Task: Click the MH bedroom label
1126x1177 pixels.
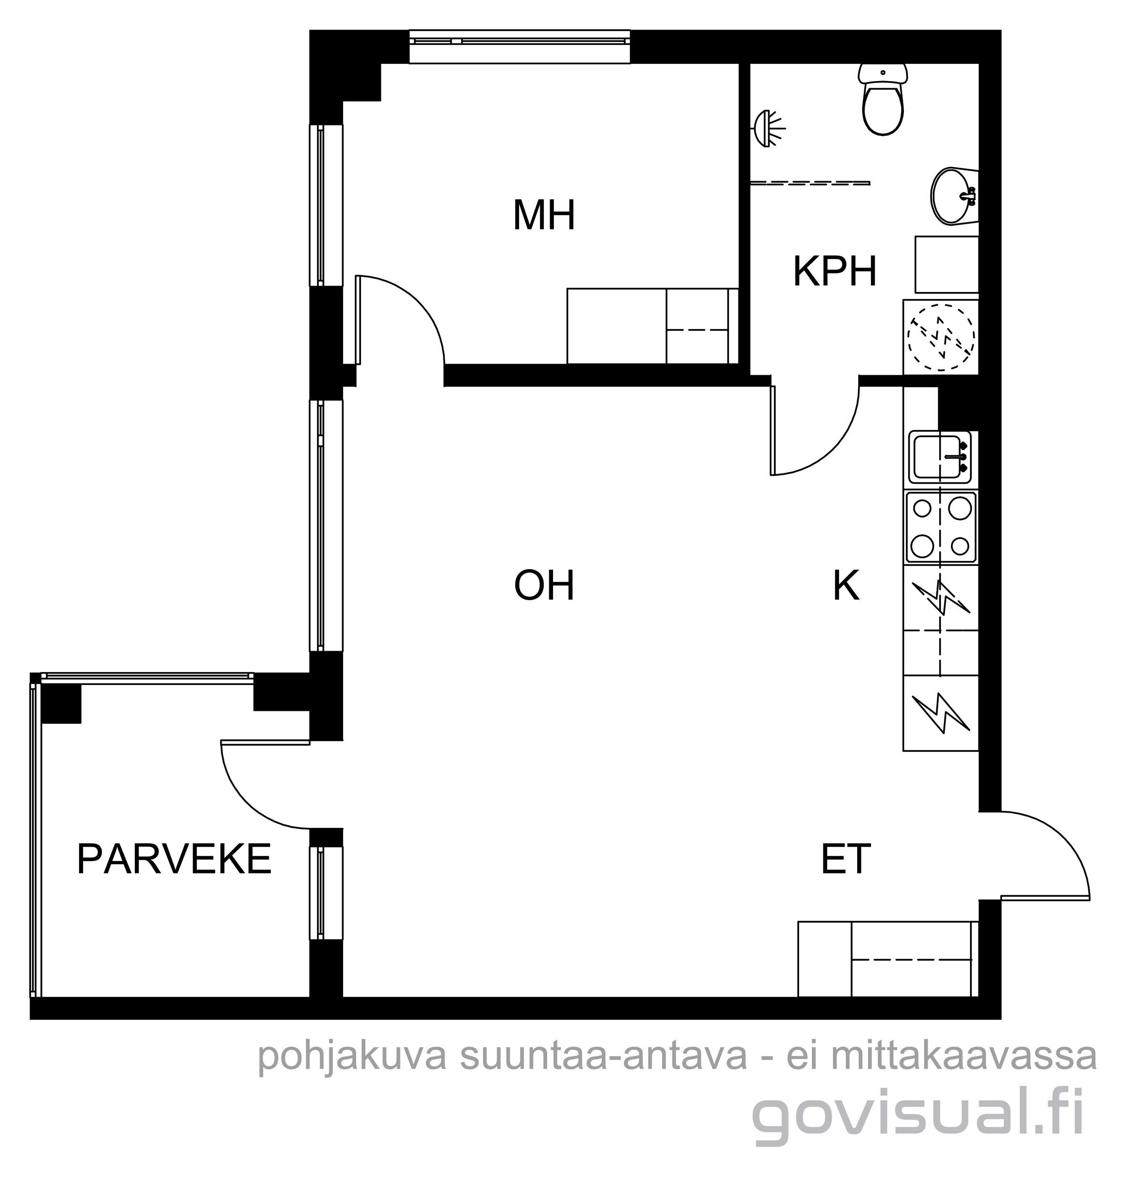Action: pyautogui.click(x=544, y=215)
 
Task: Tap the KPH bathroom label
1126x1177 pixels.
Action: pyautogui.click(x=835, y=271)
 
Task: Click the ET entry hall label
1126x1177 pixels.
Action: pyautogui.click(x=845, y=859)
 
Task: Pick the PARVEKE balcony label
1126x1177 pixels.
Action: pyautogui.click(x=174, y=859)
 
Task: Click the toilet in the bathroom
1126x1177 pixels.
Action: pyautogui.click(x=883, y=99)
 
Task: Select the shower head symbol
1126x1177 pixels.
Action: pyautogui.click(x=768, y=128)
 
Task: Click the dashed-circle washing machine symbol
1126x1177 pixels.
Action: pyautogui.click(x=941, y=337)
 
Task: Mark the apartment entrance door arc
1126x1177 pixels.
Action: pyautogui.click(x=1063, y=840)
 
